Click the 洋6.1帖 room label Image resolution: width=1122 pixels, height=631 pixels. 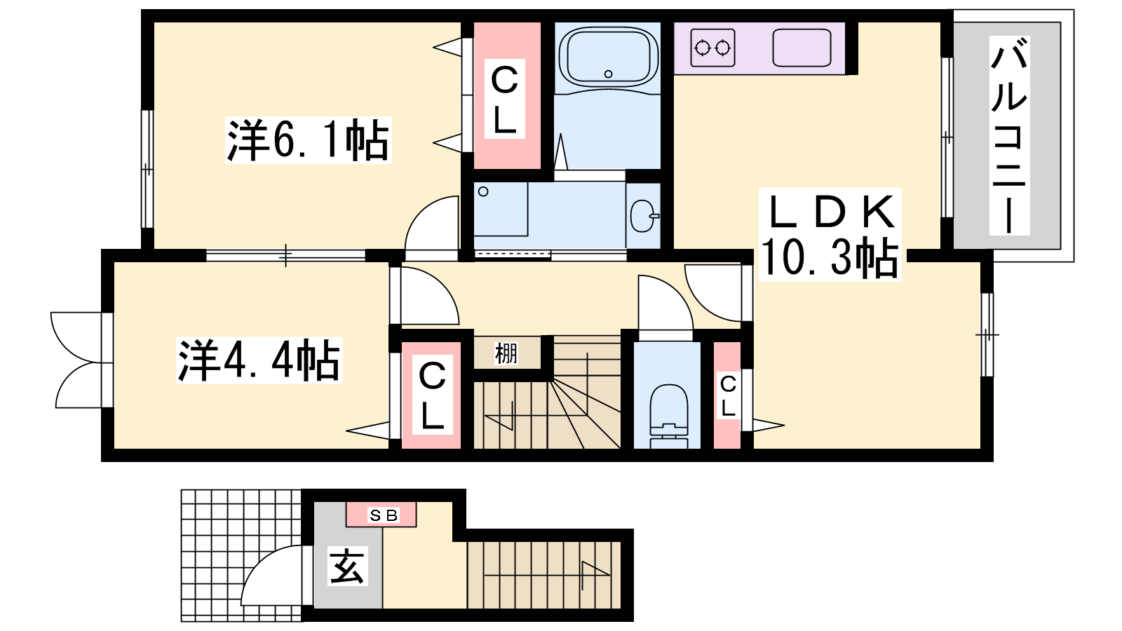point(308,140)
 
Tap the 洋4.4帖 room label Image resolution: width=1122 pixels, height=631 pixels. point(259,360)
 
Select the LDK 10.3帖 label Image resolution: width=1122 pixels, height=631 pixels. point(830,234)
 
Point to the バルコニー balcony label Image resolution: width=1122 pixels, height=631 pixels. point(1009,135)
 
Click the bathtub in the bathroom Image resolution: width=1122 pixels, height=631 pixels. point(608,56)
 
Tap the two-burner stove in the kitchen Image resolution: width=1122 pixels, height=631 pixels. point(712,48)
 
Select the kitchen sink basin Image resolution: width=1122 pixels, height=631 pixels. point(802,48)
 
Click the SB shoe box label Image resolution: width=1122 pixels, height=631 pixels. point(383,515)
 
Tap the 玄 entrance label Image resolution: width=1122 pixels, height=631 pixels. point(348,566)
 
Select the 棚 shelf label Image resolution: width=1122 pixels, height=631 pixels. point(506,353)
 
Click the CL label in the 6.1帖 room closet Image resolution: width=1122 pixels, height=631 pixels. point(504,99)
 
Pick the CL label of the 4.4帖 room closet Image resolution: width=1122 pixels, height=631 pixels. point(432,395)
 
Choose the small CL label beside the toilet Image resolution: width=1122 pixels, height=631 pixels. point(728,397)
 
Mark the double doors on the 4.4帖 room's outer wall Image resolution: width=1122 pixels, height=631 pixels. point(80,360)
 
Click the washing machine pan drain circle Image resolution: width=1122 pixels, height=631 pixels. point(483,191)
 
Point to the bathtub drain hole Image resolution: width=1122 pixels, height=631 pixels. point(609,74)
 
